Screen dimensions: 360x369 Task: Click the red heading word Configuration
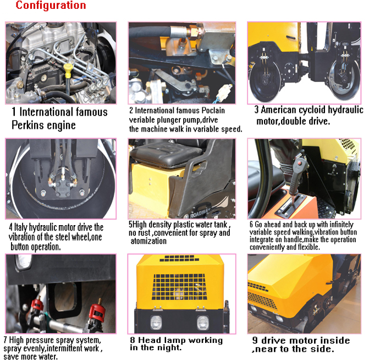point(51,6)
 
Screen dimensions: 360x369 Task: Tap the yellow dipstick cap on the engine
point(68,70)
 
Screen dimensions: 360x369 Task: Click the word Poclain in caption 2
point(211,111)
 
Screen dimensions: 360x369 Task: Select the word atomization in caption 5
point(148,241)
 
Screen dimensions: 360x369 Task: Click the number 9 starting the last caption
point(255,340)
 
